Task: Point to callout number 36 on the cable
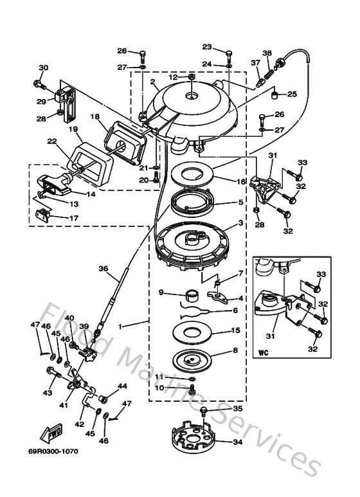103,269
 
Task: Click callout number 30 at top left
43,68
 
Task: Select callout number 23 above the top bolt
206,47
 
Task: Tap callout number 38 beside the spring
267,53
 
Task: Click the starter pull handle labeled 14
55,185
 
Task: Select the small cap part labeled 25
274,96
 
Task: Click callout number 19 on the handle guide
73,129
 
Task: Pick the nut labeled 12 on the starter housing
192,78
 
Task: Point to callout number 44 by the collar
122,386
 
